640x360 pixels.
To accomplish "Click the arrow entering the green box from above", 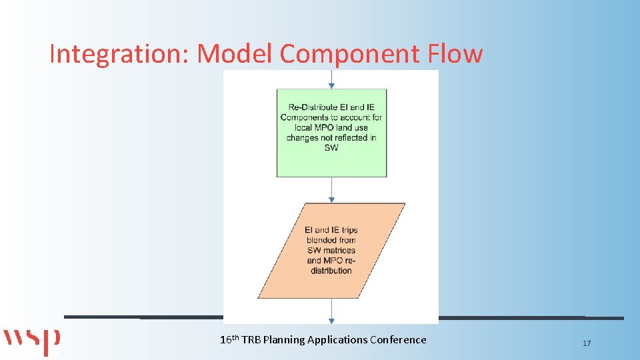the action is coord(331,80).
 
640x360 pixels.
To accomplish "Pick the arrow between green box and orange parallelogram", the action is coord(331,190).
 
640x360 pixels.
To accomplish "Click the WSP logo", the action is coord(31,341).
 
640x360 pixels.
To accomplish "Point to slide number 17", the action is coord(587,343).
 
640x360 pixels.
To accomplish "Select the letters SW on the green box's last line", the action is coord(331,147).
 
